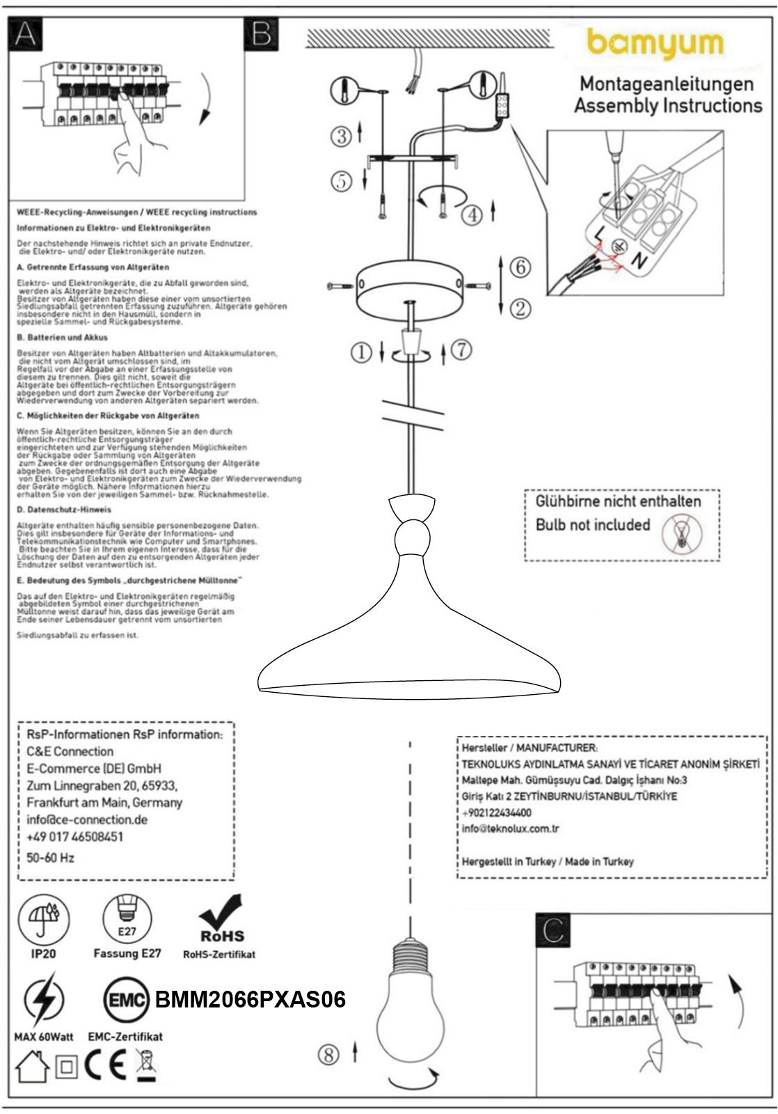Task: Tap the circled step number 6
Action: tap(520, 267)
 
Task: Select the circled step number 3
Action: tap(341, 136)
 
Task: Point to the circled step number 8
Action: tap(329, 1055)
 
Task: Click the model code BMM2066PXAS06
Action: tap(250, 1000)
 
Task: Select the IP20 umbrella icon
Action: tap(43, 918)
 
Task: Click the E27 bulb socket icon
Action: tap(127, 918)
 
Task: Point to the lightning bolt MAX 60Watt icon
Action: tap(43, 1000)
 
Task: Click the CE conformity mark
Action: tap(105, 1065)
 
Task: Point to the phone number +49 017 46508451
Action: tap(74, 836)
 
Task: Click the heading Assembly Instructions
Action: tap(667, 106)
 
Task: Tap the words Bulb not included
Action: tap(592, 525)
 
